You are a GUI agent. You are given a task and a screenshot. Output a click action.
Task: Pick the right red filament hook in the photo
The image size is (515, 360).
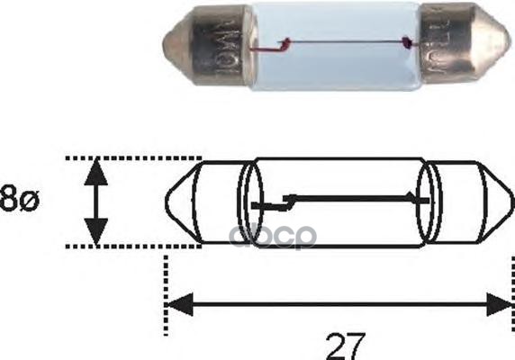point(410,42)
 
